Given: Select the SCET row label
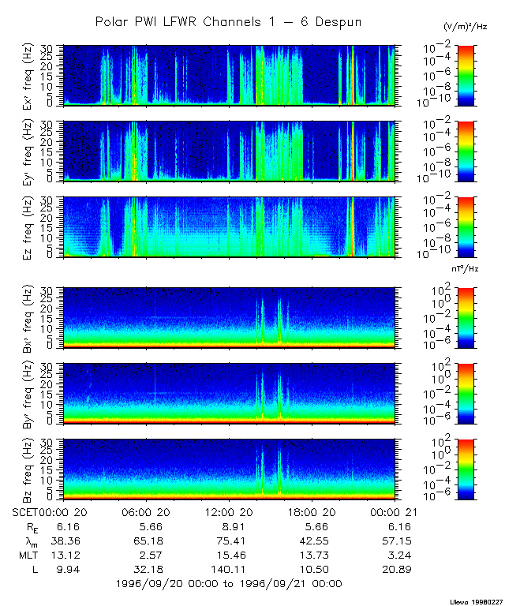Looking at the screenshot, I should [x=25, y=511].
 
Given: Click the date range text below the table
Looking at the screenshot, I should [x=228, y=584].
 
